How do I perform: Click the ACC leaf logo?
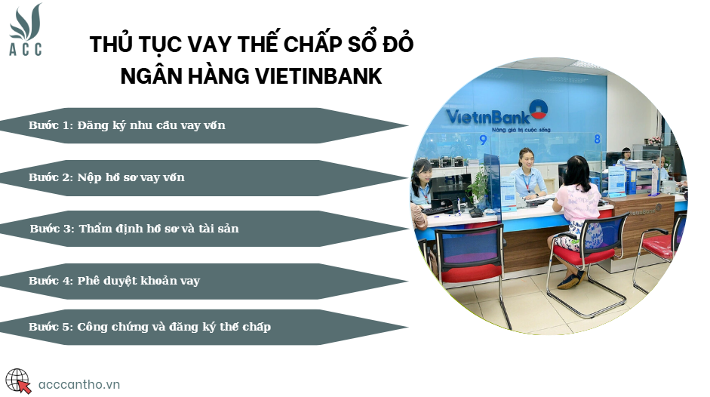26,29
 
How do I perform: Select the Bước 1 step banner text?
127,125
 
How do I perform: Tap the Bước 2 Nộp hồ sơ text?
106,177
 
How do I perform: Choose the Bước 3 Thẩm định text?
134,229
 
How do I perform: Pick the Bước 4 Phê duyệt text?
114,281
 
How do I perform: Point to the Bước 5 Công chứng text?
149,327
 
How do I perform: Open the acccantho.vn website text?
79,385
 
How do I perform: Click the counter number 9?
483,140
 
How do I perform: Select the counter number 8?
598,139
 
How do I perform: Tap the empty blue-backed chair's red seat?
472,273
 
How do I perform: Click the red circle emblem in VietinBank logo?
539,109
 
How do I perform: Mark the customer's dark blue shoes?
571,279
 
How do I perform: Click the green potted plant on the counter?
479,187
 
